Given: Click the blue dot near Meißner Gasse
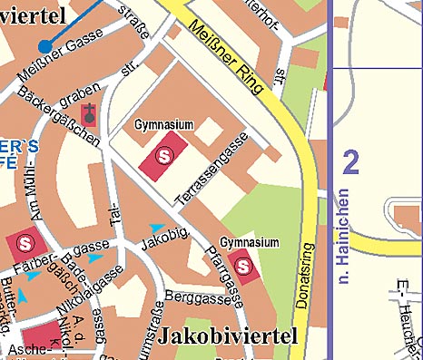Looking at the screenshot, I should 44,46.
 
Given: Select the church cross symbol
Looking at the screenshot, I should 89,113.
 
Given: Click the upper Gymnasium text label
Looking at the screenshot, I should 164,123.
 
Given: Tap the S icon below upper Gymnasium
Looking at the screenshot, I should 164,155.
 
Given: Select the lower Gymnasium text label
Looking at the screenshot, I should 250,243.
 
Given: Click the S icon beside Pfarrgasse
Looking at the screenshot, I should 243,265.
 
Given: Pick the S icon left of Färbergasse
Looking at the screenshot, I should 25,243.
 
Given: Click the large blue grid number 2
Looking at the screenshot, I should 351,163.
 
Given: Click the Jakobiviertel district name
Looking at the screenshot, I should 228,336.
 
